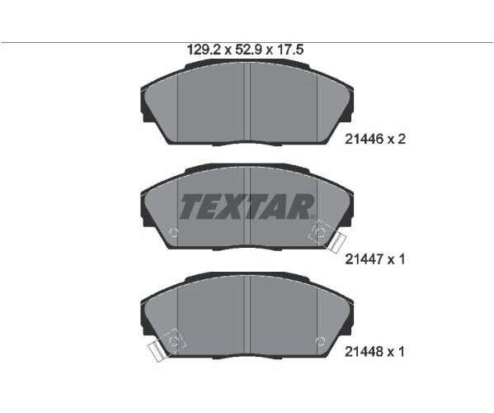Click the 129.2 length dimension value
205,50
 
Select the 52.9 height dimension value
249,50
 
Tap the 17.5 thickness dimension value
289,50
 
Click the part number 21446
364,139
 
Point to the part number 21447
364,259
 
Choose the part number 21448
364,352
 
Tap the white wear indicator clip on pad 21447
336,242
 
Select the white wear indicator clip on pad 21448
156,352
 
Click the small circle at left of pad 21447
173,233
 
